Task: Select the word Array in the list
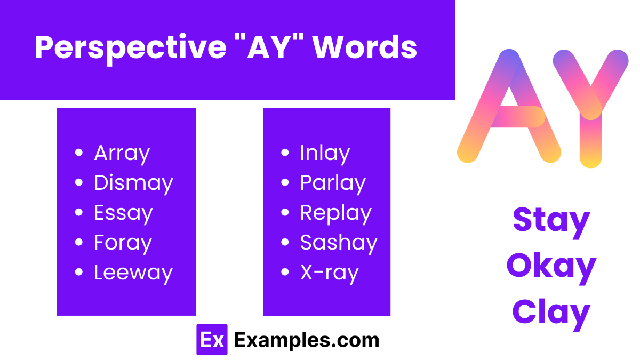tap(122, 154)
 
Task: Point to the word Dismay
tap(133, 183)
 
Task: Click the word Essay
tap(123, 213)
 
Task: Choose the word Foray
tap(123, 243)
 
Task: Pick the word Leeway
tap(133, 273)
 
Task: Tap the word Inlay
tap(325, 154)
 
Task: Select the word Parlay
tap(333, 183)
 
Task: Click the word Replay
tap(335, 213)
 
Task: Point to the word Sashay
tap(339, 243)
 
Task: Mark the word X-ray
tap(329, 273)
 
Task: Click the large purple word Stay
tap(551, 220)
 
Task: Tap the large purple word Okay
tap(551, 266)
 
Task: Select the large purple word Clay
tap(551, 312)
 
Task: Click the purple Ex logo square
tap(212, 340)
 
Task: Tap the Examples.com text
tap(307, 340)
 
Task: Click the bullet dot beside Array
tap(79, 154)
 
